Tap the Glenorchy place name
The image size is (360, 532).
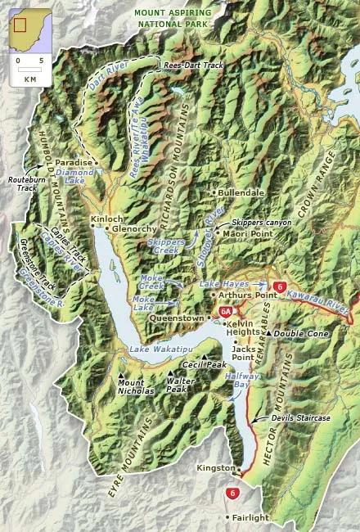tap(134, 229)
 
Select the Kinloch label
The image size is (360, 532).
tap(106, 219)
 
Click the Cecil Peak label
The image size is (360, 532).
tap(204, 364)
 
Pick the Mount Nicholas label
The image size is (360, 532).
tap(136, 386)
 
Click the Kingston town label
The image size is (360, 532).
tap(214, 468)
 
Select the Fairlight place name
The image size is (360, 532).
tap(251, 517)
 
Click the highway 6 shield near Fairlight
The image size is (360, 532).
tap(234, 494)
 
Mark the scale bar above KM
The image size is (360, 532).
tap(29, 70)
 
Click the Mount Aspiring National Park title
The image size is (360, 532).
tap(173, 19)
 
